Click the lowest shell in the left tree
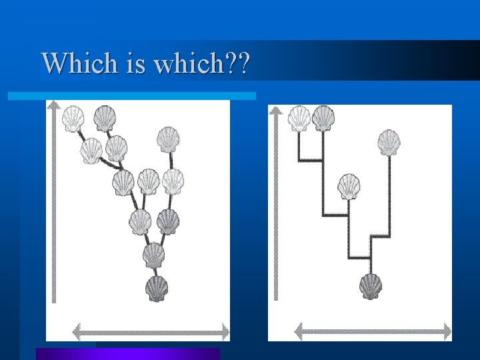pos(157,289)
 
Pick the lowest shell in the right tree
pos(371,286)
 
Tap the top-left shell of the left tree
pos(73,119)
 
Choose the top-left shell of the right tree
pos(299,118)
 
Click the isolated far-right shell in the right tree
pos(389,142)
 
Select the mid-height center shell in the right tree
pos(349,187)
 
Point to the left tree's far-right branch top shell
pos(168,139)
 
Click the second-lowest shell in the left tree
pos(154,255)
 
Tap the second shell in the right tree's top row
pos(323,118)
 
